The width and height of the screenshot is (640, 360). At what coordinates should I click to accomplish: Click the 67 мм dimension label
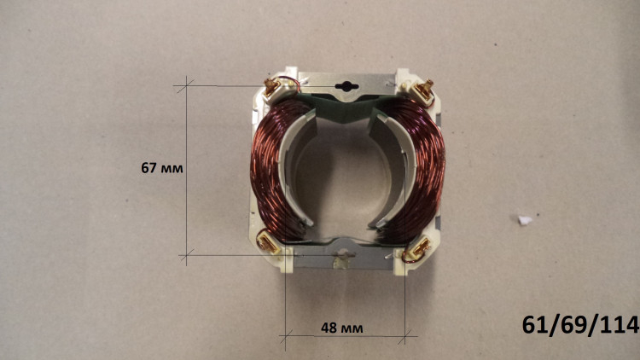point(162,168)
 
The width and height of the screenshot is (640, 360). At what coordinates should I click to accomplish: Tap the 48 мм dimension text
point(341,328)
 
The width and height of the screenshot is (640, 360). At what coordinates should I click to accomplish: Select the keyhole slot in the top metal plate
point(346,86)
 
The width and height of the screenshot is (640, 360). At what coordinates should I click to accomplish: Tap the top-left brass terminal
point(271,88)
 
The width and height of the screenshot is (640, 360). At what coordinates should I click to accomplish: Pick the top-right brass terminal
point(424,90)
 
